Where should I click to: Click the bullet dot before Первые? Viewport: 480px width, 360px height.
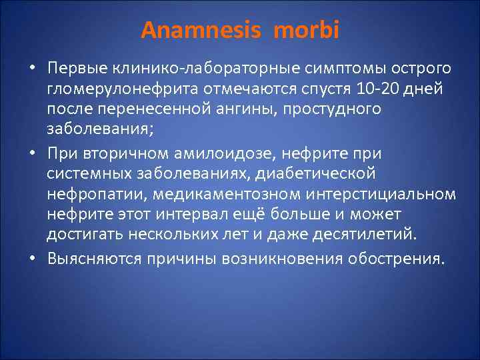[x=32, y=70]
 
